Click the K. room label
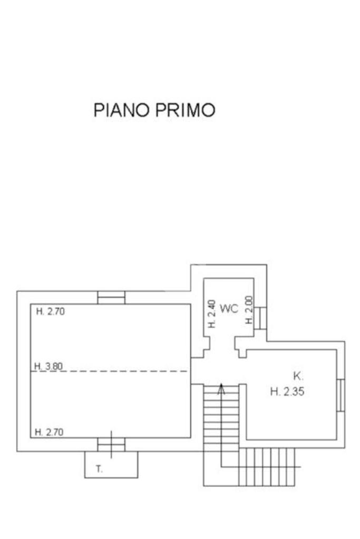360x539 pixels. point(298,376)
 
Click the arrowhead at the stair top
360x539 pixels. point(222,390)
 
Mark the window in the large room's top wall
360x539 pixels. point(111,298)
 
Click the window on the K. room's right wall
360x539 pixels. point(341,395)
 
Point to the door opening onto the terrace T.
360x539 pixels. point(111,445)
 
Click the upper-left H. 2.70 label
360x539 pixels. point(50,311)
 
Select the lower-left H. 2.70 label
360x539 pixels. point(50,433)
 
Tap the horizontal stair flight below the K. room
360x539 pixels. point(269,466)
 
